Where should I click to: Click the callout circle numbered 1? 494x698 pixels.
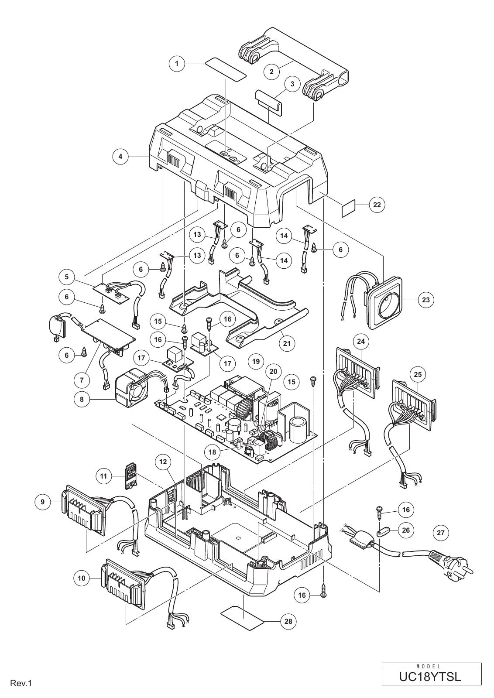pyautogui.click(x=177, y=64)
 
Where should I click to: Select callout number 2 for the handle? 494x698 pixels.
pyautogui.click(x=271, y=72)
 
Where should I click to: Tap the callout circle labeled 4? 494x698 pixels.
pyautogui.click(x=120, y=157)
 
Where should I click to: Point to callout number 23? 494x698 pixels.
pyautogui.click(x=426, y=300)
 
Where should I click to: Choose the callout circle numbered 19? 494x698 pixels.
pyautogui.click(x=256, y=362)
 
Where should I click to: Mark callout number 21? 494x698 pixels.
pyautogui.click(x=287, y=344)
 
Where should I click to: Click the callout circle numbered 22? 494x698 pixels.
pyautogui.click(x=377, y=205)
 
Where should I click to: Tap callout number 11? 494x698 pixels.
pyautogui.click(x=103, y=476)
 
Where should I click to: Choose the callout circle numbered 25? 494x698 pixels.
pyautogui.click(x=418, y=374)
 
